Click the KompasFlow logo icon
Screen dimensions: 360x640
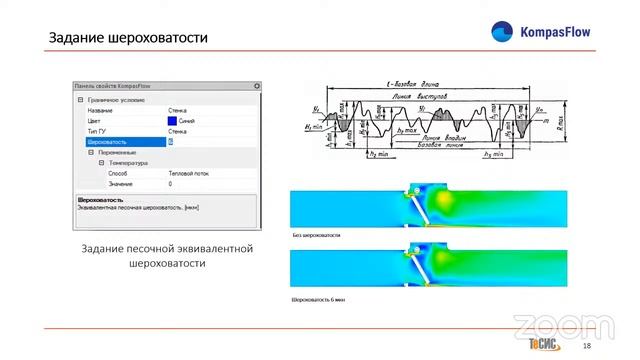pos(502,32)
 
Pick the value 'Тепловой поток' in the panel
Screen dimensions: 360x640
pos(188,173)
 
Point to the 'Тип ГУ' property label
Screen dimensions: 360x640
pos(96,131)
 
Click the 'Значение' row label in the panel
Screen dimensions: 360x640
pos(121,184)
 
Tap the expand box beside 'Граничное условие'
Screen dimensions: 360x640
pos(80,99)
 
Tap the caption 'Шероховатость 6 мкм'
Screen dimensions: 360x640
pos(319,299)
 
